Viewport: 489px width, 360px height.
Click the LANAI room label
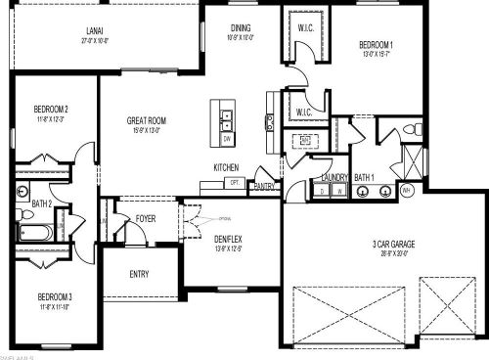[96, 31]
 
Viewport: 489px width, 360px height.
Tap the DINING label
[241, 28]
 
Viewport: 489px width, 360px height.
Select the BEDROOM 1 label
[376, 45]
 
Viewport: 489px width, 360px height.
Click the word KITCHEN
[226, 167]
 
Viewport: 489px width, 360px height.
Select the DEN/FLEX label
[229, 238]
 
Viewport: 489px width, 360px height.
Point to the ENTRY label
[140, 274]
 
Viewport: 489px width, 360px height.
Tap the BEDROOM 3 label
[53, 295]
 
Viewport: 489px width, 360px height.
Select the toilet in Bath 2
[22, 191]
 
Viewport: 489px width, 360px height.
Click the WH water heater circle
[405, 190]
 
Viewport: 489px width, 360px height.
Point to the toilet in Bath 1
[414, 129]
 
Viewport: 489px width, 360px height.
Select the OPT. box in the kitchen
[235, 182]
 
